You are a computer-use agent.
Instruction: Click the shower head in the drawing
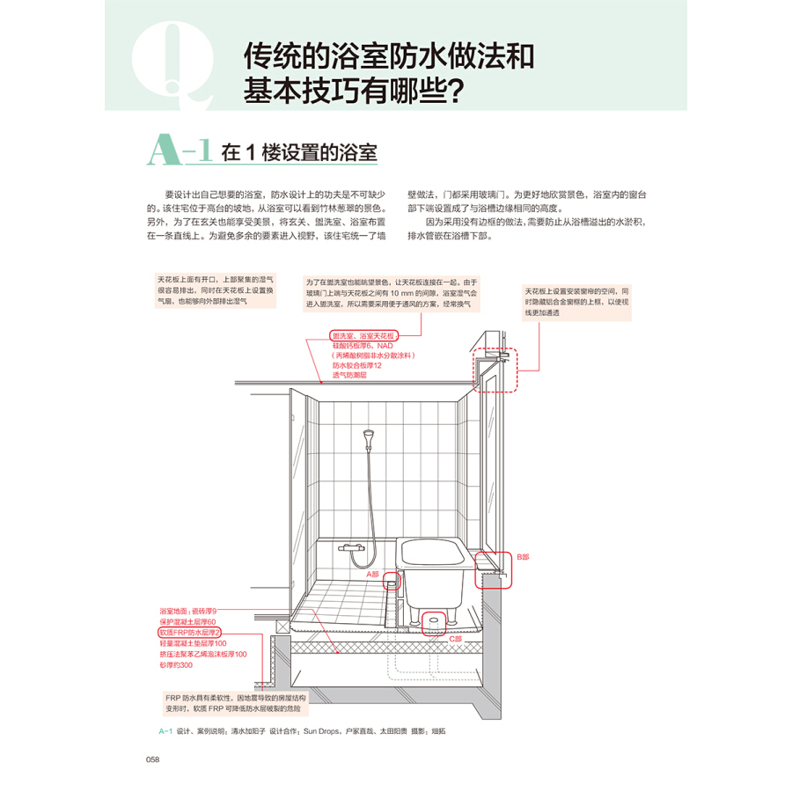coord(368,436)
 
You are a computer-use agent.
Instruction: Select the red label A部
coord(372,573)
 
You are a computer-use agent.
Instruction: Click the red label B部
coord(524,557)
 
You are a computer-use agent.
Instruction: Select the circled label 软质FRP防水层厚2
coord(190,633)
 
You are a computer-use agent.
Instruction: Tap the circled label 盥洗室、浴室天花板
coord(364,336)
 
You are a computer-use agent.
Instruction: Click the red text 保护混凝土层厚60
coord(187,622)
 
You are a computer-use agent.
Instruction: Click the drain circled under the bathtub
coord(432,622)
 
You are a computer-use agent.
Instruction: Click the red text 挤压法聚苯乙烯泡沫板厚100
coord(203,655)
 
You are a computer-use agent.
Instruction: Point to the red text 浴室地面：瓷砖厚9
coord(187,611)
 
